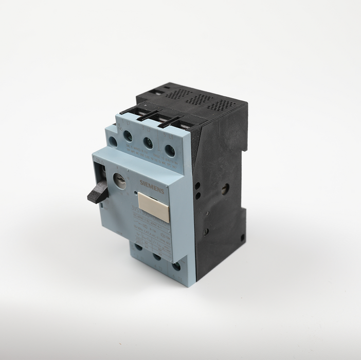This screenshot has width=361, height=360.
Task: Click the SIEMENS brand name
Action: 152,187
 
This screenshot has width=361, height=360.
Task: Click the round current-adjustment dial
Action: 119,181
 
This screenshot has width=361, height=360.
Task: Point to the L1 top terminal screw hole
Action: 128,137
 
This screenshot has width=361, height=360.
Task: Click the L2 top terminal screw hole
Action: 148,143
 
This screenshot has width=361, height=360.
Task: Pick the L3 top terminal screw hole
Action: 169,151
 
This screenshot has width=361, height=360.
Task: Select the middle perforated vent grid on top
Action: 199,99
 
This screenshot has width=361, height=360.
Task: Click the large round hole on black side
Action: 225,189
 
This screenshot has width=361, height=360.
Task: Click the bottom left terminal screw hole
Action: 138,247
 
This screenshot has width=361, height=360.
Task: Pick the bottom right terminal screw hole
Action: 177,265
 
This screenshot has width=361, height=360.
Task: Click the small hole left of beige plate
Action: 135,194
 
